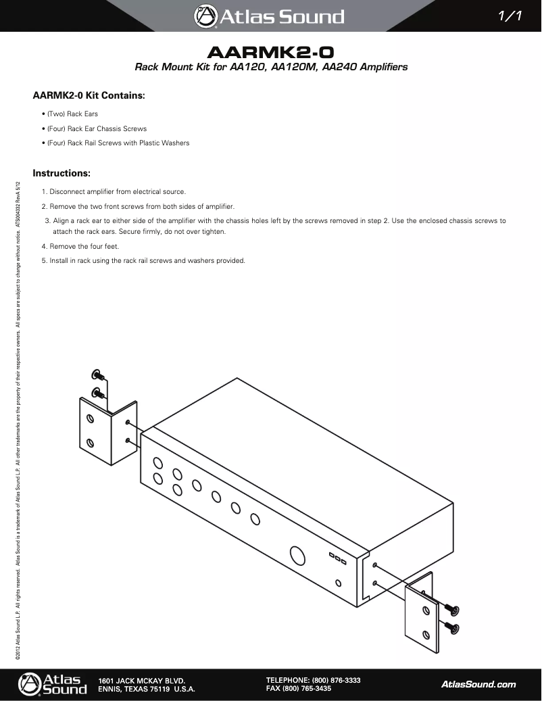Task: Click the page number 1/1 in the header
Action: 508,16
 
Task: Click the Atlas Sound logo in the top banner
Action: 270,16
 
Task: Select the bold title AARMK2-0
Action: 270,52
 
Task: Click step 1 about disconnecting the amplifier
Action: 114,191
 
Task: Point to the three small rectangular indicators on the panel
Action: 338,558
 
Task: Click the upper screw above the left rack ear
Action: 97,375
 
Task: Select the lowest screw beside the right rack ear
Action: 452,628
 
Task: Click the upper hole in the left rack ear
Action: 89,418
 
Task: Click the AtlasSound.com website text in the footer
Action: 478,684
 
